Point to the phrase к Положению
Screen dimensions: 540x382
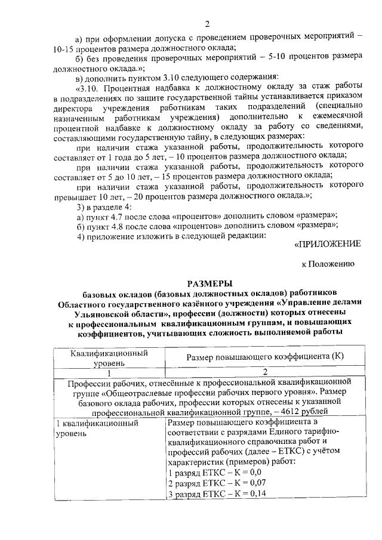coord(328,263)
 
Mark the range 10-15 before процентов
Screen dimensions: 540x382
coord(58,47)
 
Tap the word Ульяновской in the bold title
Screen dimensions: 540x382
coord(104,312)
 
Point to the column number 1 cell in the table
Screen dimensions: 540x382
coord(109,371)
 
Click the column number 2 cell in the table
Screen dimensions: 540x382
coord(265,371)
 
